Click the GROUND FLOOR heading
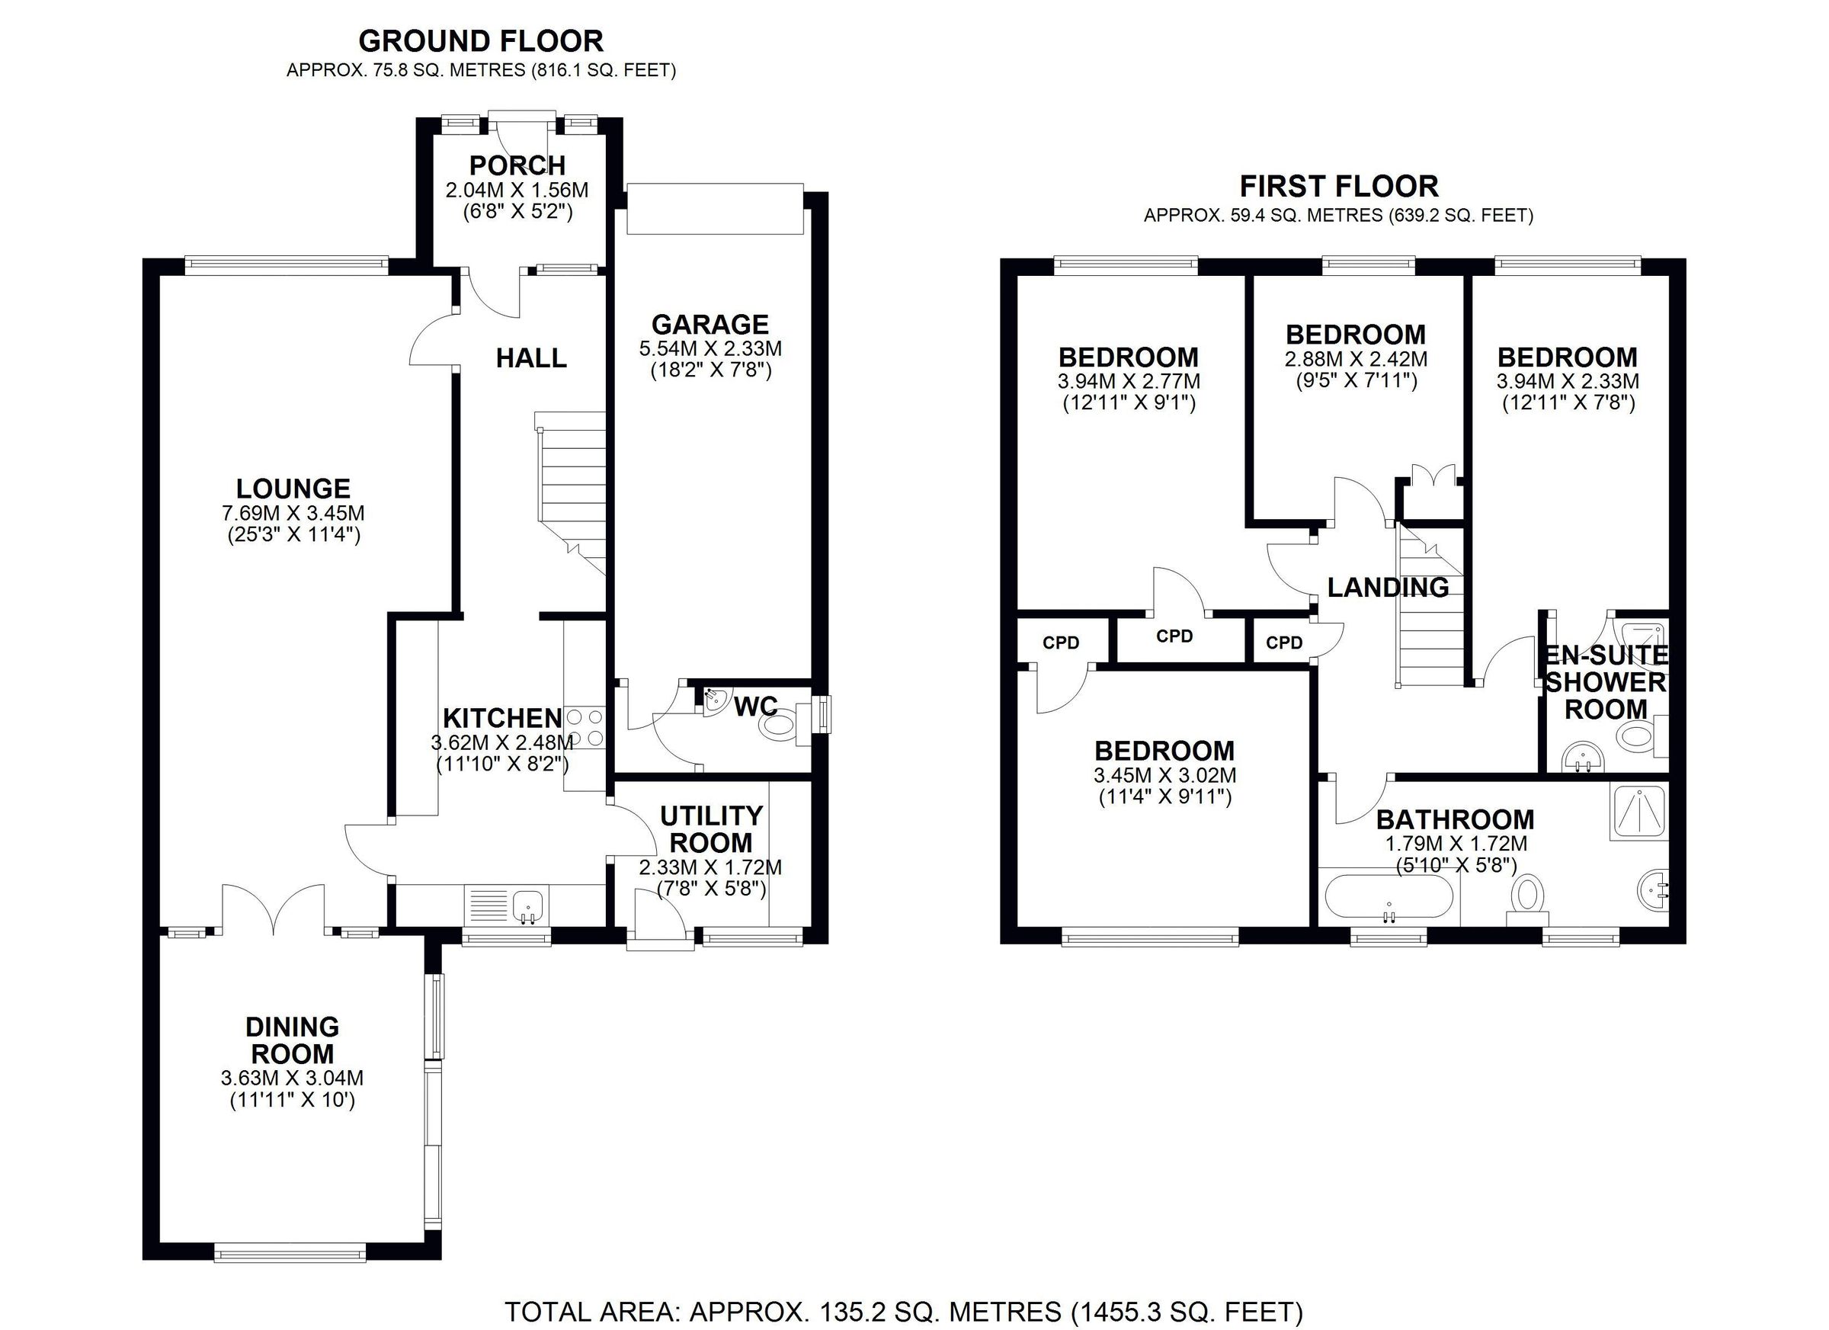[x=481, y=41]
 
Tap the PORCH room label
[x=517, y=165]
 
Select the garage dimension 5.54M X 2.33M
[x=710, y=349]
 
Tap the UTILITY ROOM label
[x=710, y=829]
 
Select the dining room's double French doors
[x=274, y=910]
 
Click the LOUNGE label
[x=293, y=488]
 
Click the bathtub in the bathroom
[x=1388, y=899]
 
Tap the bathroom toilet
[x=1526, y=899]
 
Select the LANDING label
[x=1388, y=587]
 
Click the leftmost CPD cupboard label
[x=1061, y=643]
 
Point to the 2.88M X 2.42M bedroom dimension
[x=1356, y=358]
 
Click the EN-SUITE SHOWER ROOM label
[x=1605, y=682]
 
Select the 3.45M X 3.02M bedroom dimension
[x=1164, y=776]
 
